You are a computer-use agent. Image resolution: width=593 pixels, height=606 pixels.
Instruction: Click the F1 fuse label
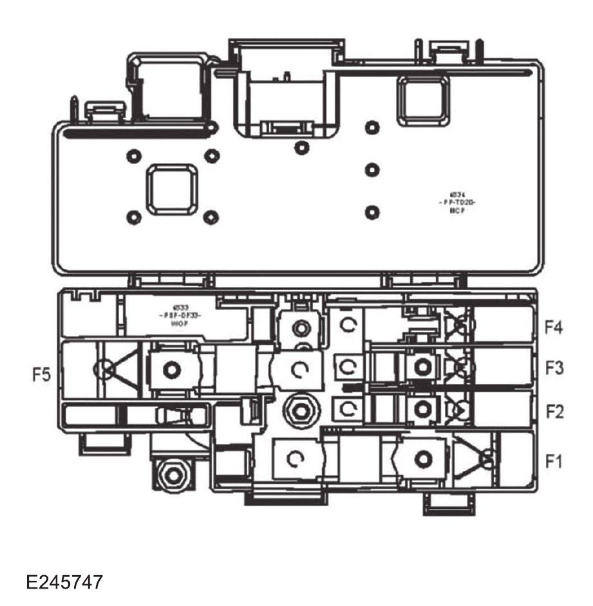[x=554, y=461]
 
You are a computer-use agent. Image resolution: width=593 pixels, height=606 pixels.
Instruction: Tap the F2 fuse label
[x=554, y=411]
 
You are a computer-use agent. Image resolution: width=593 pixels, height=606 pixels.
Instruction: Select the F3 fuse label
[x=554, y=369]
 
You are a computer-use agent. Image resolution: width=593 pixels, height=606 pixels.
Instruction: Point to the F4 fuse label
[x=554, y=328]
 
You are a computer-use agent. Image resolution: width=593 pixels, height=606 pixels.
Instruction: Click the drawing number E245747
[x=64, y=583]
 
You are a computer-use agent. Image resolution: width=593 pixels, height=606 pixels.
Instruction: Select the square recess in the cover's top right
[x=423, y=100]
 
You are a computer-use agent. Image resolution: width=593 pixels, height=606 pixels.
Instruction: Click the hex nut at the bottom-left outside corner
[x=173, y=475]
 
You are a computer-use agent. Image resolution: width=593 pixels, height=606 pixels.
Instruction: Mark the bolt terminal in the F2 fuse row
[x=422, y=407]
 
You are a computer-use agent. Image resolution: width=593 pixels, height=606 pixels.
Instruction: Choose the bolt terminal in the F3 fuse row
[x=422, y=367]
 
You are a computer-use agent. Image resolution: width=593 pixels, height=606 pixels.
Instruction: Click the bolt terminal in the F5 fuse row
[x=170, y=369]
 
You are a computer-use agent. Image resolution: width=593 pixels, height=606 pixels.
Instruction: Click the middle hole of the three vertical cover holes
[x=370, y=170]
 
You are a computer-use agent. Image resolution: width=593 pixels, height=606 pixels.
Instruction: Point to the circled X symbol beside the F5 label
[x=105, y=369]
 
